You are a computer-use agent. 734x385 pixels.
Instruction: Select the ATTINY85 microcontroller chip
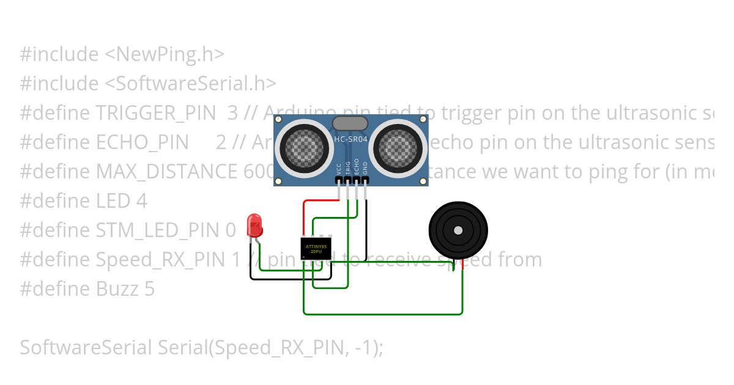[x=315, y=248]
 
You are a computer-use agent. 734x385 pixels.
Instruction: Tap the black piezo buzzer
[x=458, y=230]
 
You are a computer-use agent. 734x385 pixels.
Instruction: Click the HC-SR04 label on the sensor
[x=350, y=140]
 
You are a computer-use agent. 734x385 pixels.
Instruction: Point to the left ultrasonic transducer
[x=303, y=147]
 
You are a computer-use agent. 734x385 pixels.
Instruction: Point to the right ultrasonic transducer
[x=399, y=147]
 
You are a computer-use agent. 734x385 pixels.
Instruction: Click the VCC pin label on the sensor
[x=338, y=169]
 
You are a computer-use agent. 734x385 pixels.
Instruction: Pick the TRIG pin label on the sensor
[x=347, y=168]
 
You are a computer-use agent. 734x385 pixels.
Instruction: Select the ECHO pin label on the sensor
[x=357, y=167]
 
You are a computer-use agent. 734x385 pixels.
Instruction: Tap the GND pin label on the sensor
[x=365, y=169]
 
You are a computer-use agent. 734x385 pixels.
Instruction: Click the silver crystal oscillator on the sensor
[x=350, y=123]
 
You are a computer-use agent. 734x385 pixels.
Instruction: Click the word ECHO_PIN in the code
[x=143, y=142]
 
